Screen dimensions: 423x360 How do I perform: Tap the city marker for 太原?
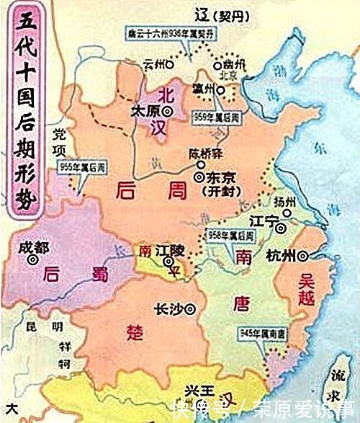click(167, 111)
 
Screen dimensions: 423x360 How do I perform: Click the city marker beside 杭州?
click(304, 254)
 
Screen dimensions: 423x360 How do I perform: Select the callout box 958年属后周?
click(231, 236)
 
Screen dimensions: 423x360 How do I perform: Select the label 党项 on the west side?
click(58, 140)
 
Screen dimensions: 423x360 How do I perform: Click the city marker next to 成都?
click(32, 261)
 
